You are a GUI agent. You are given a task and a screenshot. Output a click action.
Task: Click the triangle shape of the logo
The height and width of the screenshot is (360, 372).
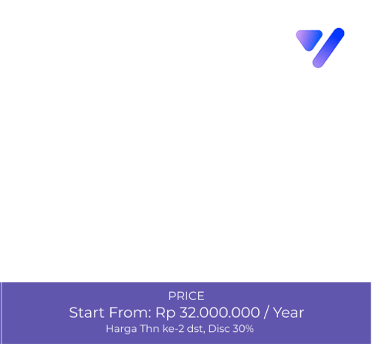[309, 39]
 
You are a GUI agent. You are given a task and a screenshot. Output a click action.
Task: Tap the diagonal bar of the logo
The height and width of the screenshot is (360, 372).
[328, 47]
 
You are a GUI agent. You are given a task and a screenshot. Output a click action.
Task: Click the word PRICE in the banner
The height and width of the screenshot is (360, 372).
[186, 296]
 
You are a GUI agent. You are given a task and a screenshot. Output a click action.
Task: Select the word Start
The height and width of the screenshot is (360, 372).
[87, 313]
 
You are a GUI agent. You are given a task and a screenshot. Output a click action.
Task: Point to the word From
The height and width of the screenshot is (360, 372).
[129, 313]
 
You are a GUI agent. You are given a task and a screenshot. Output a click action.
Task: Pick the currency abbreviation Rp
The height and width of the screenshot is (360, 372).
[165, 313]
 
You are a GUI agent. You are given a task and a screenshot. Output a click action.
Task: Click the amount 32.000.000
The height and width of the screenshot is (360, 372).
[220, 313]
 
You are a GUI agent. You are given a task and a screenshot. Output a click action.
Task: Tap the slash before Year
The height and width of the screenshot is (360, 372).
[266, 313]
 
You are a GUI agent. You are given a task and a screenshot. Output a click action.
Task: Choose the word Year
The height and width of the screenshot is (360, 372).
[288, 313]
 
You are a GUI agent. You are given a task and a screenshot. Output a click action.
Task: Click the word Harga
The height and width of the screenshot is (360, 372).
[121, 329]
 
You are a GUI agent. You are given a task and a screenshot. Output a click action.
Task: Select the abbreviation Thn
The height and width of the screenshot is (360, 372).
[149, 328]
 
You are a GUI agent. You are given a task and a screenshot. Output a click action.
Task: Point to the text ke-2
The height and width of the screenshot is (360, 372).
[173, 328]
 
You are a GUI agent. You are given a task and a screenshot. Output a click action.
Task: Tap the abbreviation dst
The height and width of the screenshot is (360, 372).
[196, 329]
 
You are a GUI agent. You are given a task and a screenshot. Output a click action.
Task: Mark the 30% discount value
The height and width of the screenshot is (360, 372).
[243, 328]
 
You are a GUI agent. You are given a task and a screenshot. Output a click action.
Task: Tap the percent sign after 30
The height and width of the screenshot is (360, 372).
[249, 328]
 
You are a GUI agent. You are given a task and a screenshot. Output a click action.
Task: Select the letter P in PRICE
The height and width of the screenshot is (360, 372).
[172, 296]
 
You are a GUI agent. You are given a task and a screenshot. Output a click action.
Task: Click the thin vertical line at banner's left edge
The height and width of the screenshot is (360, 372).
[1, 313]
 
